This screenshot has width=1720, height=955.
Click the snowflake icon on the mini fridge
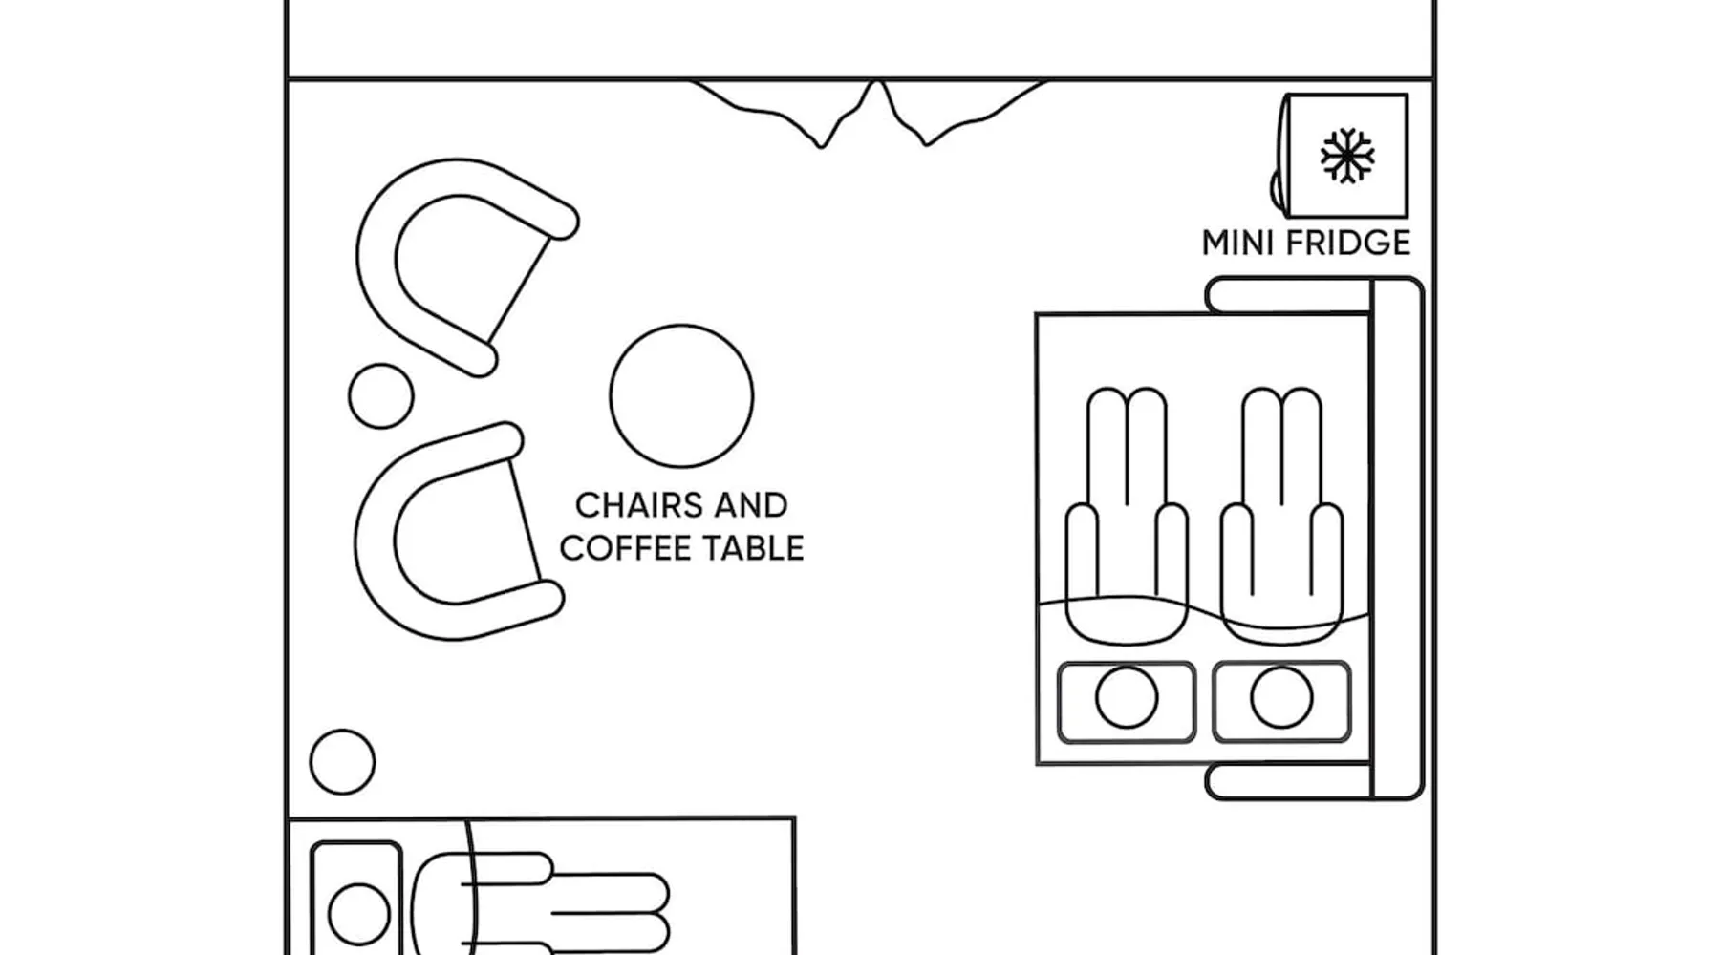point(1346,156)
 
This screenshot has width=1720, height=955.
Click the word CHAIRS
point(632,505)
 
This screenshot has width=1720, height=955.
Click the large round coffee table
point(681,395)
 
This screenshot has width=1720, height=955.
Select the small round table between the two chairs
point(380,395)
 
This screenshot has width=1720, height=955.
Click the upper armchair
point(449,258)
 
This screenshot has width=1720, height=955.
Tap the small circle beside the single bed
point(342,762)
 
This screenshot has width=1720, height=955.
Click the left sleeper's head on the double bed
point(1127,698)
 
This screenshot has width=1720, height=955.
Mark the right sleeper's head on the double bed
point(1281,698)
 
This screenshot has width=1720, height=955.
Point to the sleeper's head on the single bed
point(358,913)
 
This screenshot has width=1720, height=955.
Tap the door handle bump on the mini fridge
point(1276,188)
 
